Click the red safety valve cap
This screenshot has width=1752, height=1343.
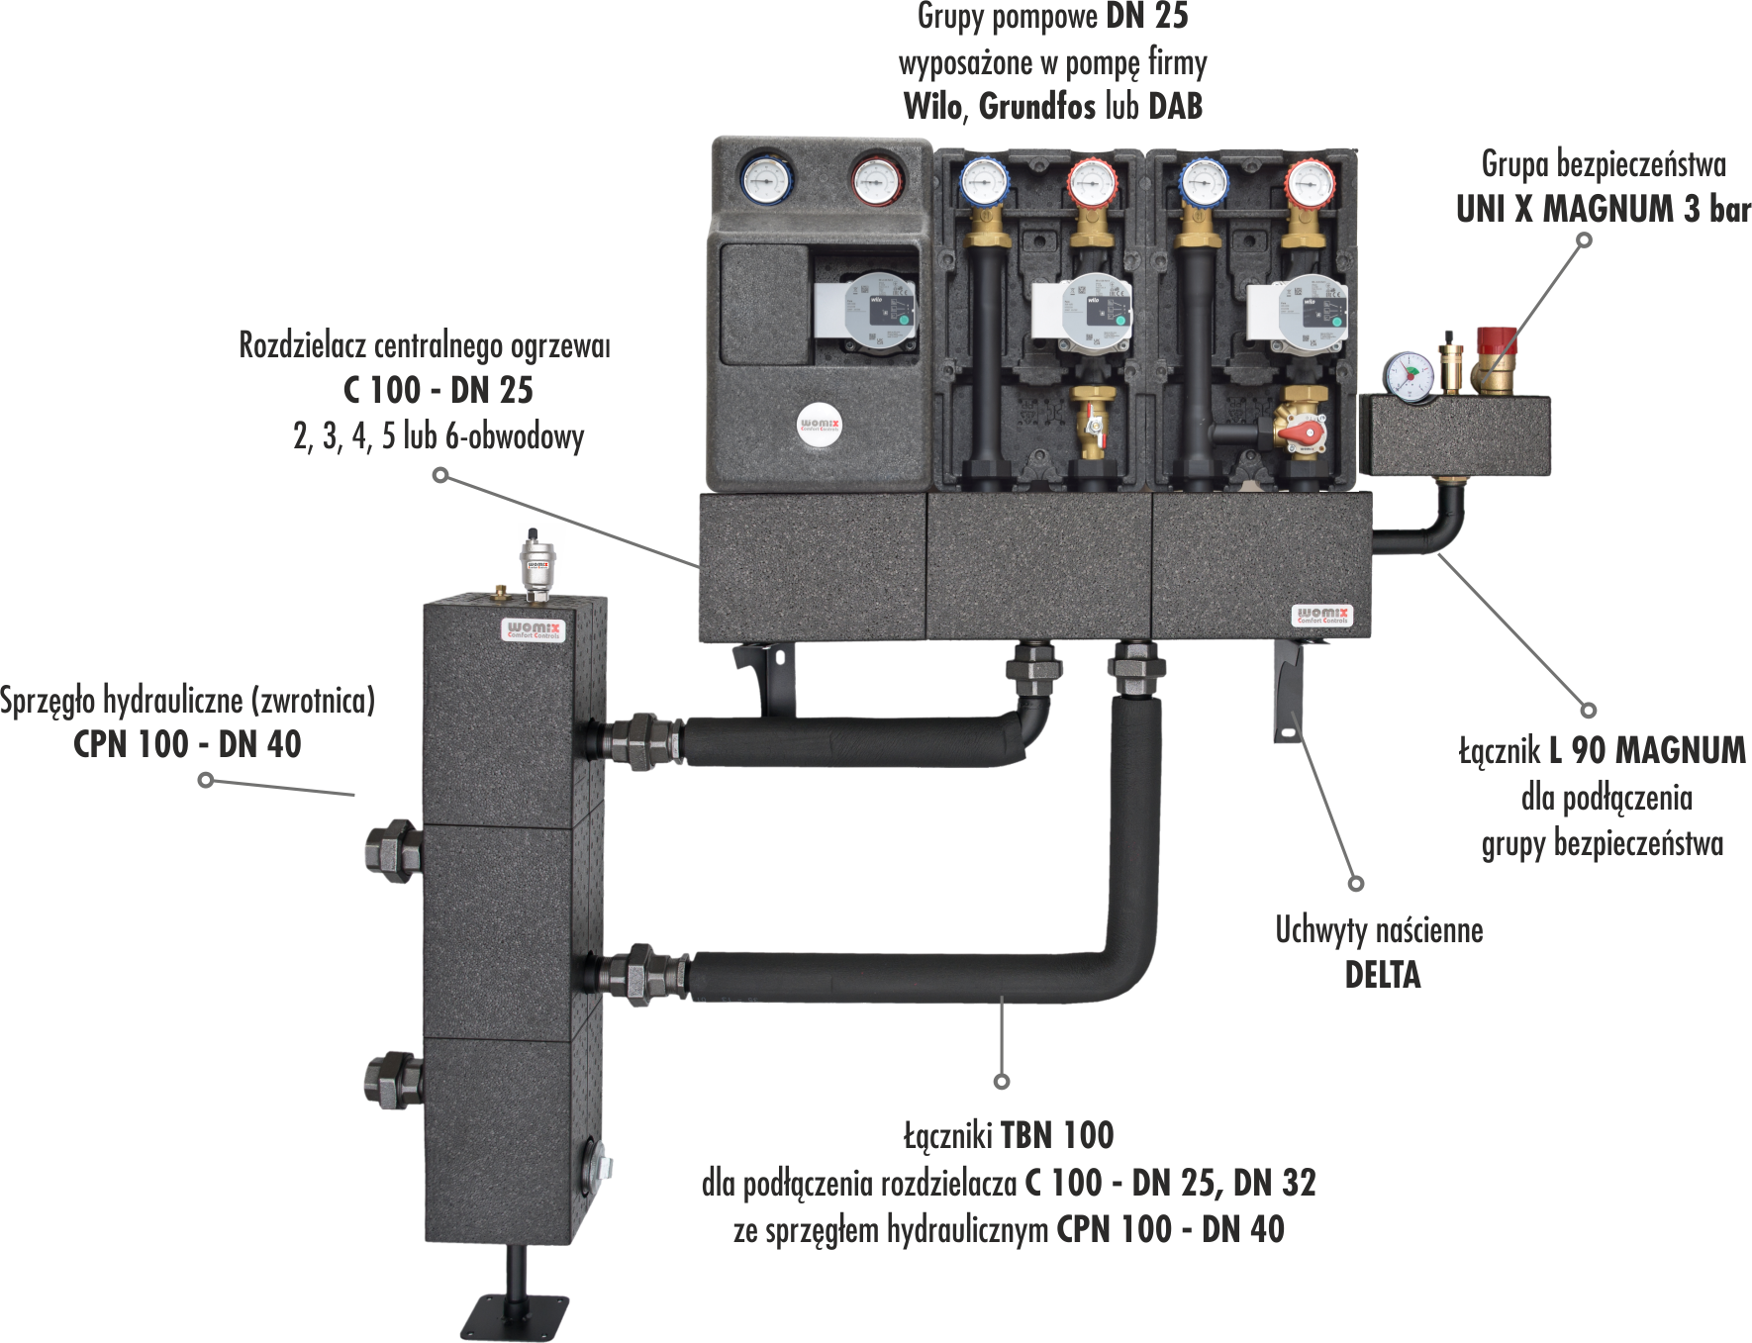pyautogui.click(x=1496, y=340)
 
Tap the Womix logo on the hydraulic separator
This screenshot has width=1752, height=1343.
pyautogui.click(x=534, y=629)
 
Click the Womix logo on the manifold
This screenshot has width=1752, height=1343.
pyautogui.click(x=1322, y=616)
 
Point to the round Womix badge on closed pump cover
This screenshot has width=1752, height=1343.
pyautogui.click(x=820, y=426)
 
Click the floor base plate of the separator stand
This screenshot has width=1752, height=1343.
pyautogui.click(x=516, y=1317)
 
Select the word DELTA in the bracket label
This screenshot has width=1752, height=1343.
pyautogui.click(x=1382, y=976)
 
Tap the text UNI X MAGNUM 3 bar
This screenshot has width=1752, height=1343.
pyautogui.click(x=1603, y=210)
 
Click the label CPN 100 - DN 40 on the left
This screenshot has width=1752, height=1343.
pyautogui.click(x=187, y=744)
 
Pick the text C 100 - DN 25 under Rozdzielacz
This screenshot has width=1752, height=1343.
pyautogui.click(x=438, y=390)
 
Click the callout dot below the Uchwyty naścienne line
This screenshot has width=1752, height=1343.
pyautogui.click(x=1356, y=883)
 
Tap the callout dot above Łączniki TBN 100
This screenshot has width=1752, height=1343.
pyautogui.click(x=1002, y=1081)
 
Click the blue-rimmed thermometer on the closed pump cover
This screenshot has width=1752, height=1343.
pyautogui.click(x=766, y=178)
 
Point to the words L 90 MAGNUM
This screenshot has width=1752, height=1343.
pyautogui.click(x=1647, y=750)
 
